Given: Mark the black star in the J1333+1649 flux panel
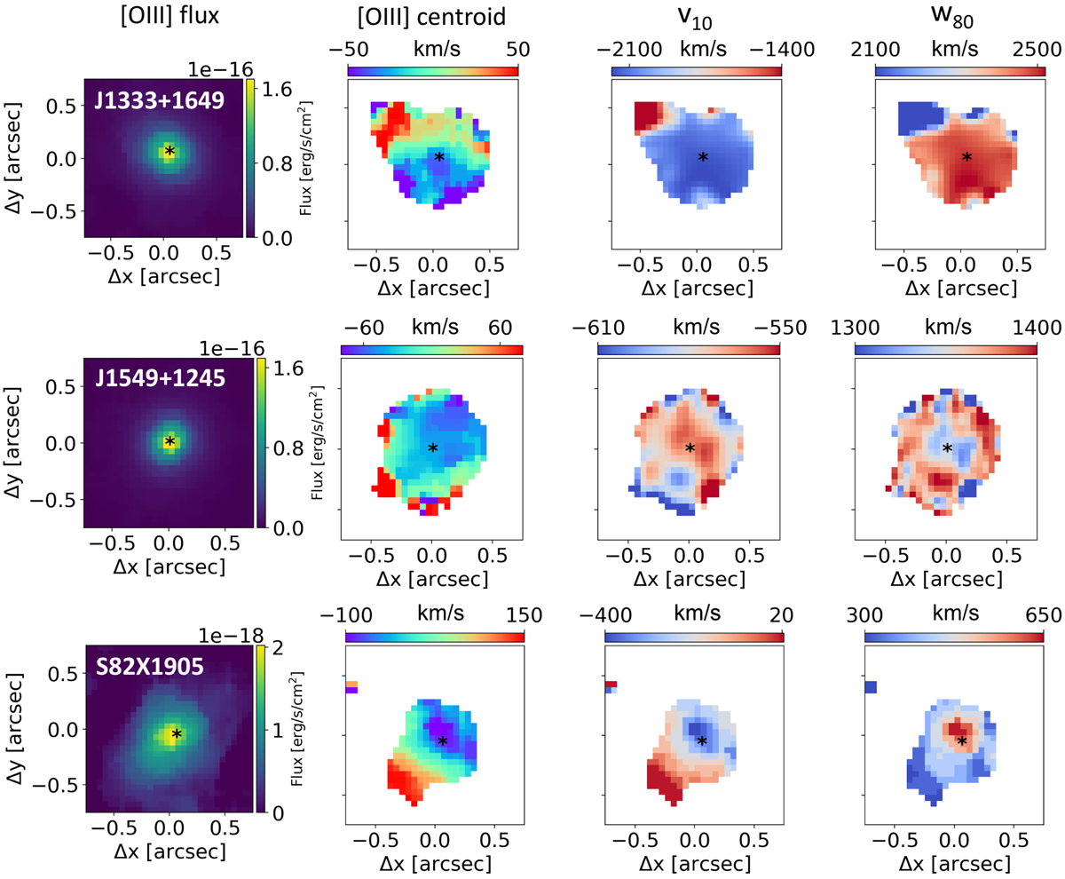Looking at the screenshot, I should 169,152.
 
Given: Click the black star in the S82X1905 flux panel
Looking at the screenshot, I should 177,734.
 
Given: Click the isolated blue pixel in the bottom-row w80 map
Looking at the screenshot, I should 871,686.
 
